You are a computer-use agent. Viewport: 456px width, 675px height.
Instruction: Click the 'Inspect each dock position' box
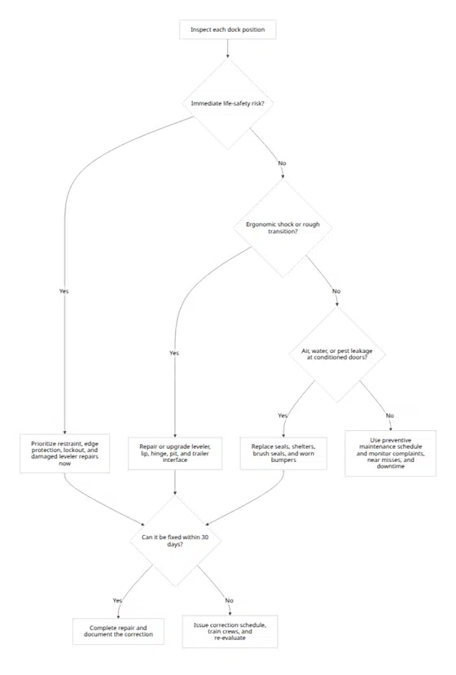point(227,30)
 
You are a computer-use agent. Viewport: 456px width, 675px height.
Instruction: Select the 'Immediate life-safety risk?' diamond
point(227,103)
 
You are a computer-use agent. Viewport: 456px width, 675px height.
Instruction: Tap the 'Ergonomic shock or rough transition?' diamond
point(283,228)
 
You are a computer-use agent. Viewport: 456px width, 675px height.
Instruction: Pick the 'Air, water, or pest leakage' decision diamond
point(337,355)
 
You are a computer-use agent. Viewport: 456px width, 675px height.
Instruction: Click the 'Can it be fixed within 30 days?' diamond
point(175,541)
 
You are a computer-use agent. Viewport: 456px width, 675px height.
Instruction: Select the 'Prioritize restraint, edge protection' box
point(64,453)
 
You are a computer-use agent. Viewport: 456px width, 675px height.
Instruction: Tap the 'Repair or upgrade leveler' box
point(175,453)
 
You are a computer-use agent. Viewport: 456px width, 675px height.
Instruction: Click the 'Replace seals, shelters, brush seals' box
point(283,453)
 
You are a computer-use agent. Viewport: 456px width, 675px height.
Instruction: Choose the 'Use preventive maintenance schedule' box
point(391,453)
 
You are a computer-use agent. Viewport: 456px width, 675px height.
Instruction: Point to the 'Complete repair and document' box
point(119,632)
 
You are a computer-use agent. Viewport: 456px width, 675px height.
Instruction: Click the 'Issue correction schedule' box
point(230,632)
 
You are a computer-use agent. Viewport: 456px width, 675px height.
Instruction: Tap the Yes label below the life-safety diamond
point(64,291)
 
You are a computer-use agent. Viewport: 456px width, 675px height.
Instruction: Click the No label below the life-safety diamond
point(282,163)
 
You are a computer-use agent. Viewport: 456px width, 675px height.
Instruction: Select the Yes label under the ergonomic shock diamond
point(174,353)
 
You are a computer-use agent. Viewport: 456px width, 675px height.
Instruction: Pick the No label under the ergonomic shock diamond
point(336,291)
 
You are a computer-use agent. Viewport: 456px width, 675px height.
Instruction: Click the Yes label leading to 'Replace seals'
point(283,416)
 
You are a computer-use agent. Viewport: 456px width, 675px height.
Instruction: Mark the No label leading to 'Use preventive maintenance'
point(389,416)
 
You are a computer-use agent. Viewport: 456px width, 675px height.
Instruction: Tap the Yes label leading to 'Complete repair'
point(117,600)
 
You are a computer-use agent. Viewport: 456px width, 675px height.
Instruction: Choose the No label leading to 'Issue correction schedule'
point(229,600)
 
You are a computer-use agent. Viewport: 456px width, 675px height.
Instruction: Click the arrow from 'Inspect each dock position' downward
point(227,49)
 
